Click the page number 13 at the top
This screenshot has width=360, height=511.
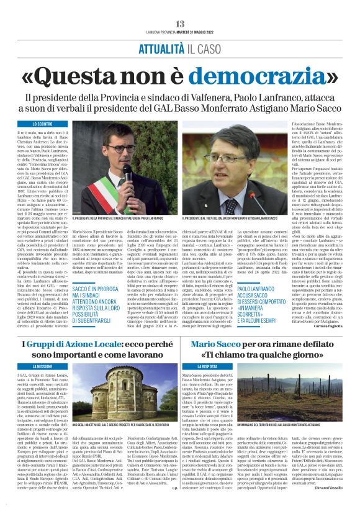click(179, 6)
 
